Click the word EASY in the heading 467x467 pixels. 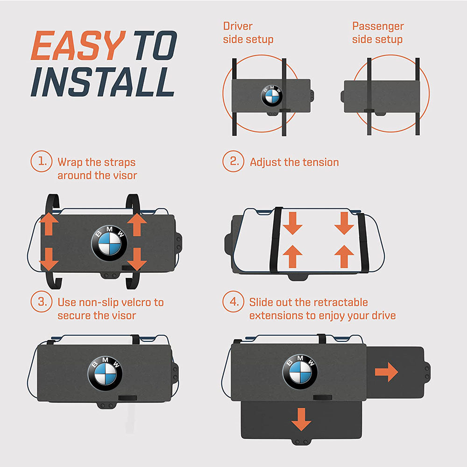78,46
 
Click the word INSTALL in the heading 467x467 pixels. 103,82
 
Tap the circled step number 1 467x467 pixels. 42,161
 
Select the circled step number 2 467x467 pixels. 233,161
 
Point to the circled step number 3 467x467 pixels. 42,301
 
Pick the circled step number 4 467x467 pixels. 233,301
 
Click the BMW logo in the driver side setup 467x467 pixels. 272,96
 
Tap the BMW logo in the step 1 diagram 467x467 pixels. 109,243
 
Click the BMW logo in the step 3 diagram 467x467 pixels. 105,373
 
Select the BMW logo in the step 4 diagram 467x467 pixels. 300,372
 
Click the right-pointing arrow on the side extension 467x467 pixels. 386,372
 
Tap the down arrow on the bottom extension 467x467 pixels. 301,419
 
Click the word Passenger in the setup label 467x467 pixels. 378,27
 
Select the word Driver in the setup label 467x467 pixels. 238,26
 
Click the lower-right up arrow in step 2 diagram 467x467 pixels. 344,256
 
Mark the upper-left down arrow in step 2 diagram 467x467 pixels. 292,223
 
